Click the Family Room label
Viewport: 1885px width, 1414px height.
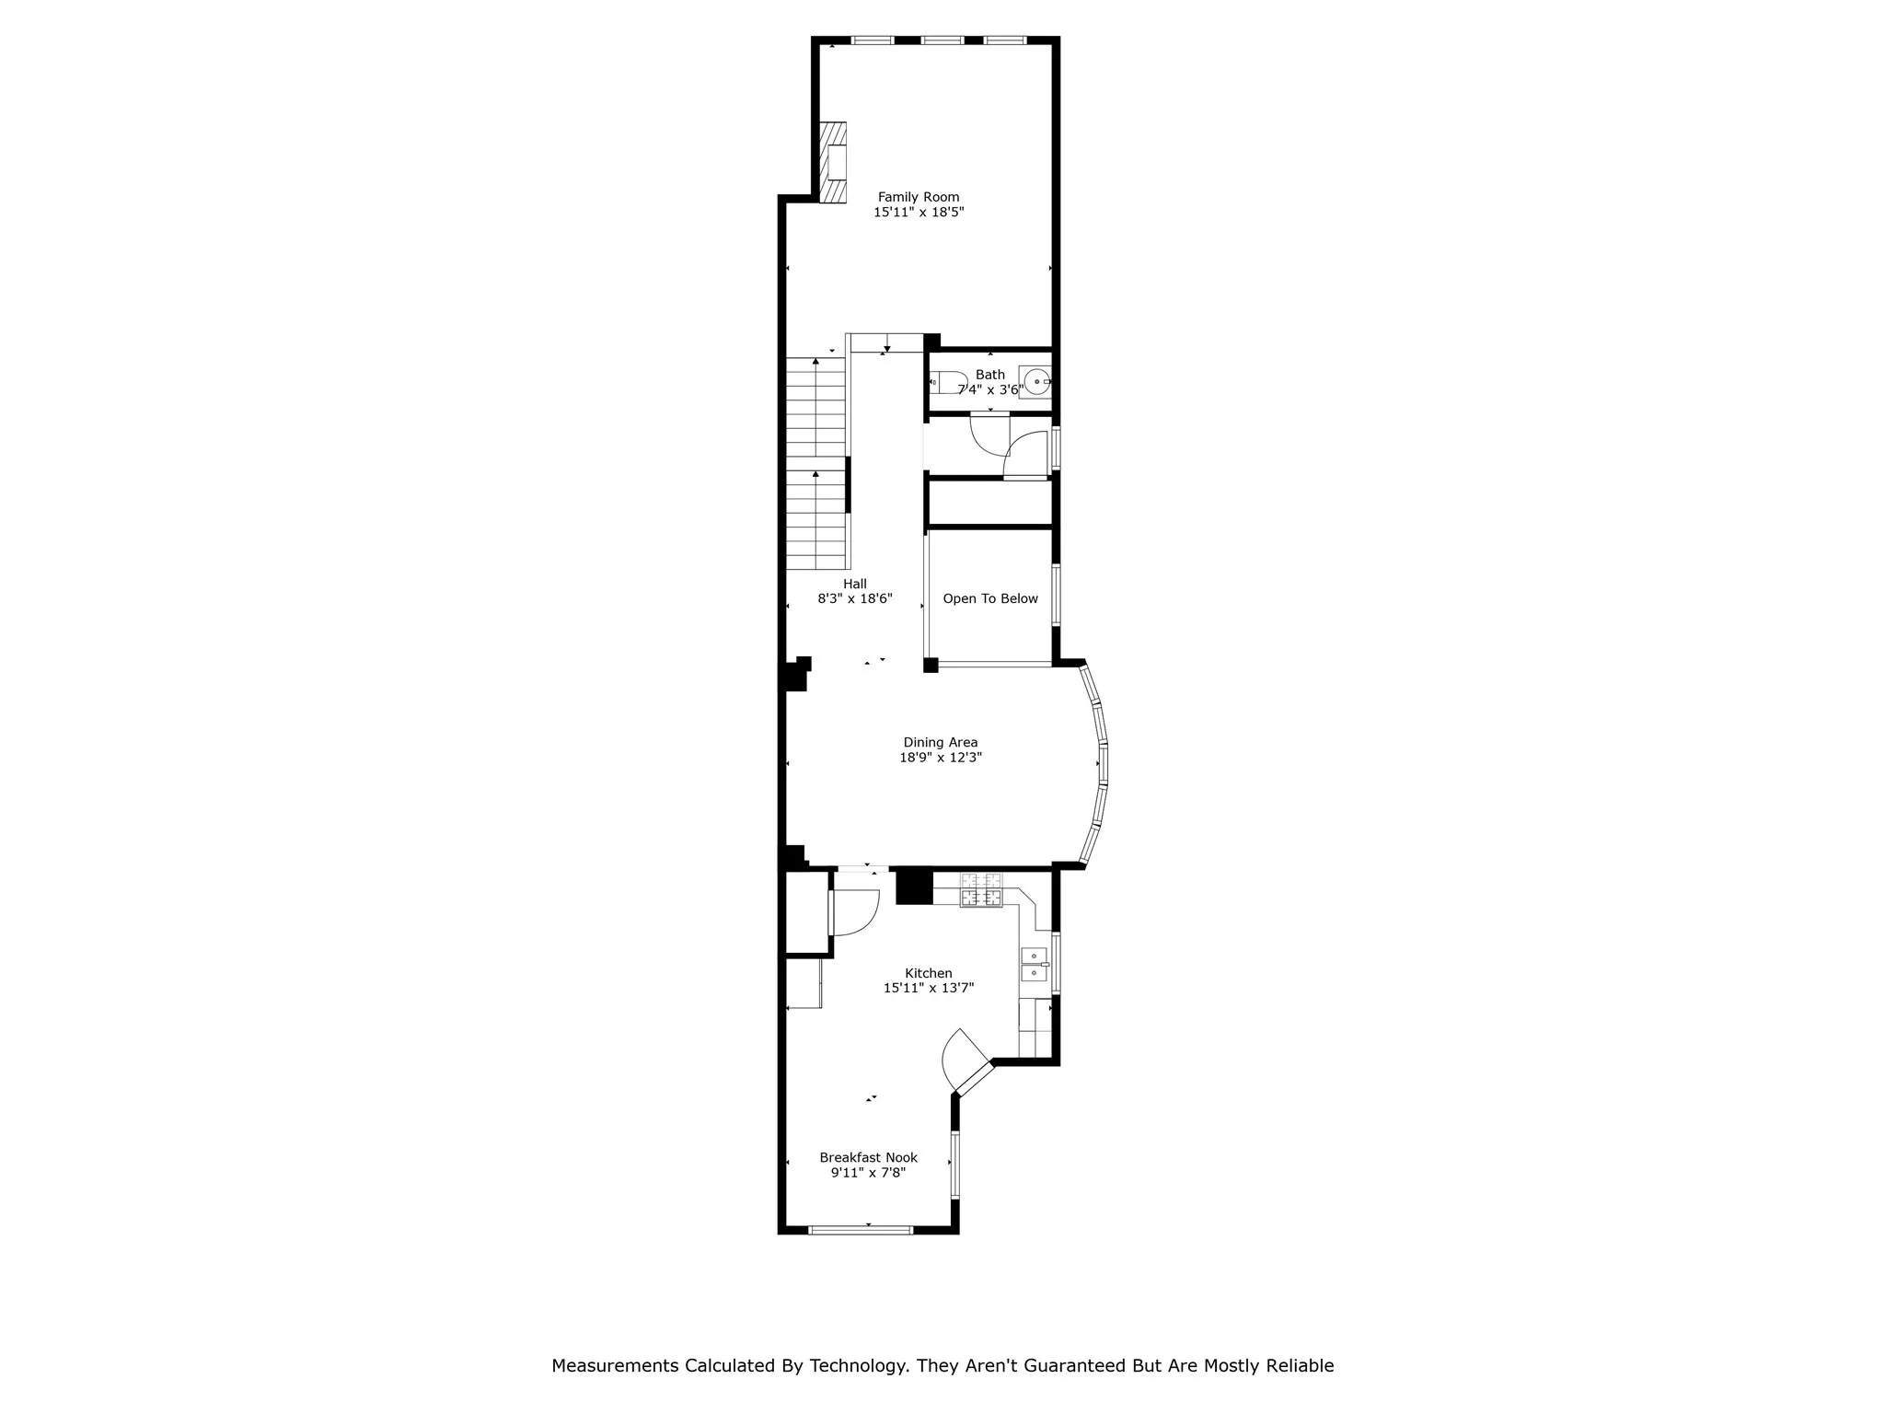[x=918, y=197]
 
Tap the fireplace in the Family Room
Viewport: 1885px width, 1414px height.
[x=190, y=162]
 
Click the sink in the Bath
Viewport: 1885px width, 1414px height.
[x=1036, y=381]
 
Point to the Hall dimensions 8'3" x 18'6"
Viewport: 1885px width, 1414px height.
[x=854, y=599]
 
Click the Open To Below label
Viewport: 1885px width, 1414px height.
[x=990, y=598]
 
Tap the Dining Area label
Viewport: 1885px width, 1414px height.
[x=940, y=743]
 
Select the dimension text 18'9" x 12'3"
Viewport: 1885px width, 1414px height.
[x=940, y=759]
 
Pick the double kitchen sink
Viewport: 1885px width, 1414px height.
[x=1034, y=964]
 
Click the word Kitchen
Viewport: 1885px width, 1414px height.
[x=928, y=973]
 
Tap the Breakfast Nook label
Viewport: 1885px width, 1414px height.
[x=868, y=1158]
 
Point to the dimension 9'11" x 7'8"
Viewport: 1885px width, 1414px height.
[x=868, y=1174]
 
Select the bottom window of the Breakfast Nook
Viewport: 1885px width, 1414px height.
[x=860, y=1229]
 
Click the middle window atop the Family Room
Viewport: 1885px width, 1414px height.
[x=942, y=41]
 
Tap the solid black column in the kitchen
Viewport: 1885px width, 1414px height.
[x=914, y=887]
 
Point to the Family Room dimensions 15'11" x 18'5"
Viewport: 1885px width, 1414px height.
[x=918, y=213]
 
